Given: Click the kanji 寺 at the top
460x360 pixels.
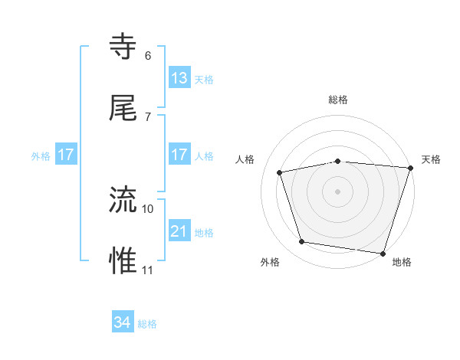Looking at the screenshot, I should coord(124,47).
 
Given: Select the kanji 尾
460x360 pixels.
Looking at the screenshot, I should coord(124,109).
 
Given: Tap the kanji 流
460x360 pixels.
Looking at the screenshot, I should coord(124,200).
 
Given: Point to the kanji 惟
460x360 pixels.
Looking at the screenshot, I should coord(124,261).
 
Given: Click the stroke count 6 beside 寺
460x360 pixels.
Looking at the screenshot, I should coord(148,55).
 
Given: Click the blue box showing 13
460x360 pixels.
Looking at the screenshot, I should coord(179,78).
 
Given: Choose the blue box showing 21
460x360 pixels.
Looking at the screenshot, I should coord(179,231).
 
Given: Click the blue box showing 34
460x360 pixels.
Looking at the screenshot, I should coord(123,322).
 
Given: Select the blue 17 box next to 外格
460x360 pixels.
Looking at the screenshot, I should coord(66,155).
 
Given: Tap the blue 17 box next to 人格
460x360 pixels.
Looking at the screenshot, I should coord(179,155).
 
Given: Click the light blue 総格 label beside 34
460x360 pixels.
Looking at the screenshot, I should coord(147,324).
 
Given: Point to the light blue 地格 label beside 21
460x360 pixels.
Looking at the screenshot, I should coord(204,233).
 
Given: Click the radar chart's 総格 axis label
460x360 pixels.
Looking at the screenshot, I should coord(338,100).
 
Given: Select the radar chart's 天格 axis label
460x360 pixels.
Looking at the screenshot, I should coord(431,159).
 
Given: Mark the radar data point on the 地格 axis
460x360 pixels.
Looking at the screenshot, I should coord(383,253).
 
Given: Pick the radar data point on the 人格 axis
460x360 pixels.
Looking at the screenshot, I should coord(281,172).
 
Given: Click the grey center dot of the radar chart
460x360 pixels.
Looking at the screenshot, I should coord(337,191).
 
